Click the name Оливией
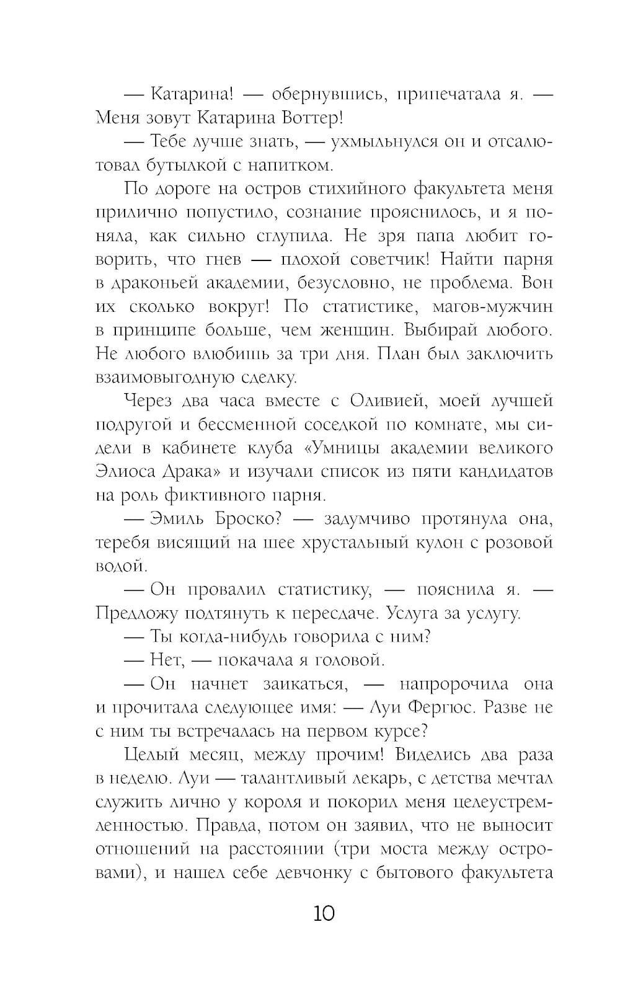tap(385, 401)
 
